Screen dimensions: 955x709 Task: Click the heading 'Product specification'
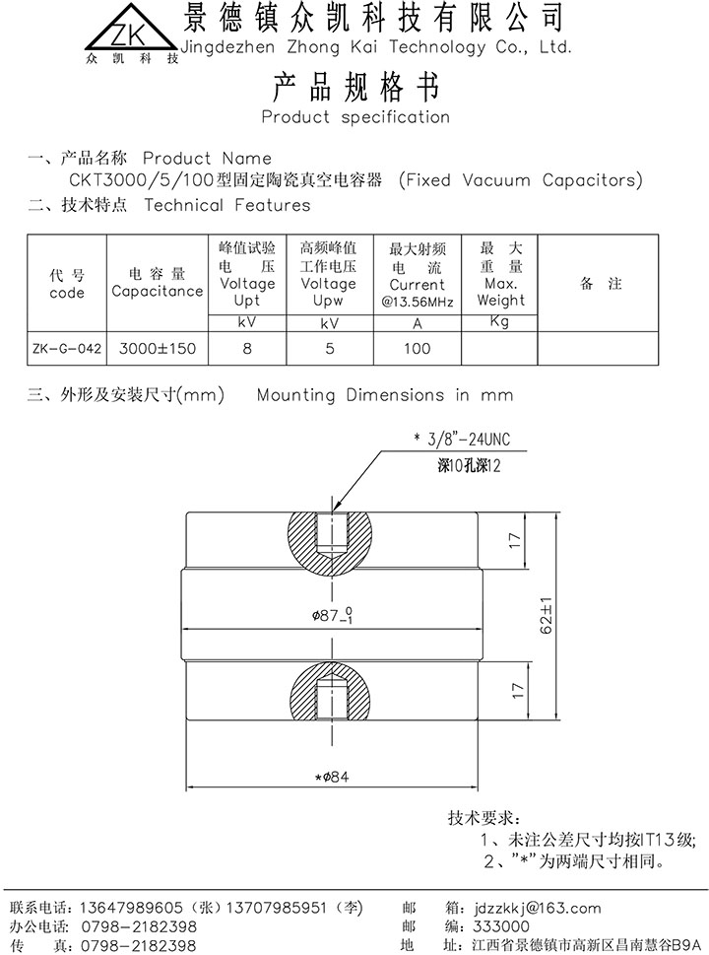[x=354, y=117]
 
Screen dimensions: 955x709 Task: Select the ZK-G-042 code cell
[x=67, y=348]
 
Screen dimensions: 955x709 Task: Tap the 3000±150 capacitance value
[x=157, y=348]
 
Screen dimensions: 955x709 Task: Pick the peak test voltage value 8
[x=247, y=348]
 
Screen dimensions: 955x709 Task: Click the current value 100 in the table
[x=418, y=348]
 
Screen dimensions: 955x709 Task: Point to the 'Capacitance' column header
[x=157, y=291]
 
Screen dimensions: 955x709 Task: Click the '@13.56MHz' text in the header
[x=418, y=302]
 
